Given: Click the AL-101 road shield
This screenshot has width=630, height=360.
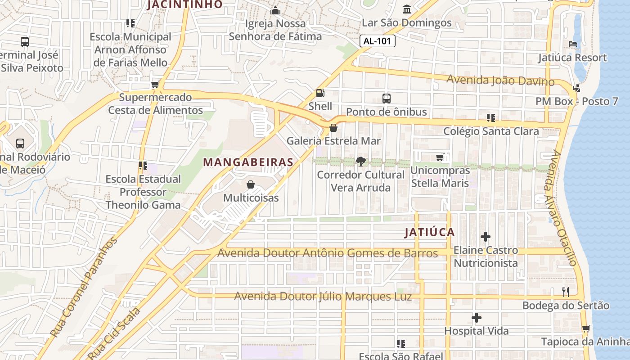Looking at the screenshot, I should point(378,41).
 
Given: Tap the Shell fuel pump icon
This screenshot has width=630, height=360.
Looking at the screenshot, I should point(320,93).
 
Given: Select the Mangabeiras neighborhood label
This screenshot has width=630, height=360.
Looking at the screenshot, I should point(248,162).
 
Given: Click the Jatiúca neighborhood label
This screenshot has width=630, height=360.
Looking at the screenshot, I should point(429,232).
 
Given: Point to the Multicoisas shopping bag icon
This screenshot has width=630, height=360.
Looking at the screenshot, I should point(251,184).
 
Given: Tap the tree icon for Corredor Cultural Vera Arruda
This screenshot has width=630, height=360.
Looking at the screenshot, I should point(360,161).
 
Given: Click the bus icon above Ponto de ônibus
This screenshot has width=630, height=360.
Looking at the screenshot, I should point(386,99).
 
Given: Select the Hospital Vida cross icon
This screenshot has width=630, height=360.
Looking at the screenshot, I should point(477,318).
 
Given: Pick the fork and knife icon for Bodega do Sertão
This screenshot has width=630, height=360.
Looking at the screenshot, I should point(566,292).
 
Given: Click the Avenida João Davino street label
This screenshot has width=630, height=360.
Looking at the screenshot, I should point(500,81).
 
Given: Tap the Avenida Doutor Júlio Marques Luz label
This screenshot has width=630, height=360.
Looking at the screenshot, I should point(323,297).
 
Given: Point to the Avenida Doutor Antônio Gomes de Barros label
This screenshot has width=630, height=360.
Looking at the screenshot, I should point(327,253).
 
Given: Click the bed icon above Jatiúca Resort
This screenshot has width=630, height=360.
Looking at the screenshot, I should point(573,44).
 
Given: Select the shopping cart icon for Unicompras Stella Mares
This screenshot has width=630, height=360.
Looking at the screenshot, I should point(440,157).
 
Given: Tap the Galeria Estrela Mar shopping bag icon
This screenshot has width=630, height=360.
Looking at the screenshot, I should point(333,128).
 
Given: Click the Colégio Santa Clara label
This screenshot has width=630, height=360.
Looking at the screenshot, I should point(491,131).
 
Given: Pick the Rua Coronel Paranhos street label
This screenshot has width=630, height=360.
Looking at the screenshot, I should point(84,288).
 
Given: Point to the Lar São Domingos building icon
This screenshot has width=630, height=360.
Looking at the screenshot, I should point(407,9).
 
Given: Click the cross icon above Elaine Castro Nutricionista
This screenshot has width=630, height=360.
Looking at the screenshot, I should point(486,236).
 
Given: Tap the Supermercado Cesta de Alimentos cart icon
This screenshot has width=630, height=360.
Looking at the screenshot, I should point(155,84).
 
